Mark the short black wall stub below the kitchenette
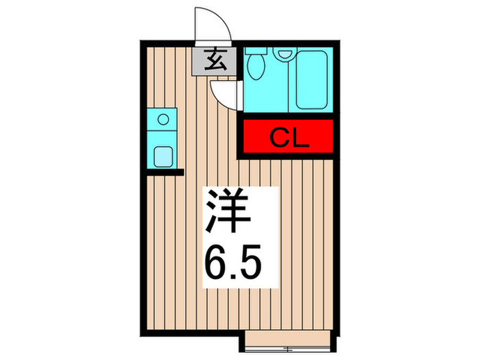pos(165,171)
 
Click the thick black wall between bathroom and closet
pos(288,115)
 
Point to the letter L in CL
pos(300,138)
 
